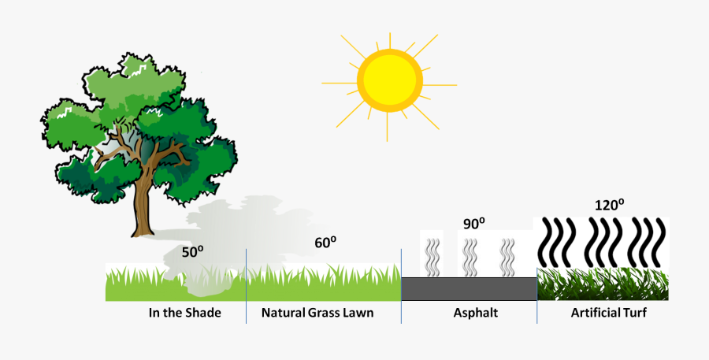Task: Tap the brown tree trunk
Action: (x=143, y=205)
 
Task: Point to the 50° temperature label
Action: (x=193, y=252)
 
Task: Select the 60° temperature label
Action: (x=325, y=243)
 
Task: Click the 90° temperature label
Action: (x=473, y=224)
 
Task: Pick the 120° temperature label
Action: (x=610, y=206)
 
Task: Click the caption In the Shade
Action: (x=185, y=313)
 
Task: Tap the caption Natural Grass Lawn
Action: (x=317, y=313)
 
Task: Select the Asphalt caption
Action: (x=476, y=313)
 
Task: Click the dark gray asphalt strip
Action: (x=469, y=288)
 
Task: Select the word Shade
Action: (x=204, y=313)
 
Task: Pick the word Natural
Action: (x=284, y=313)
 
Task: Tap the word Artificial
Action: (x=596, y=313)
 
